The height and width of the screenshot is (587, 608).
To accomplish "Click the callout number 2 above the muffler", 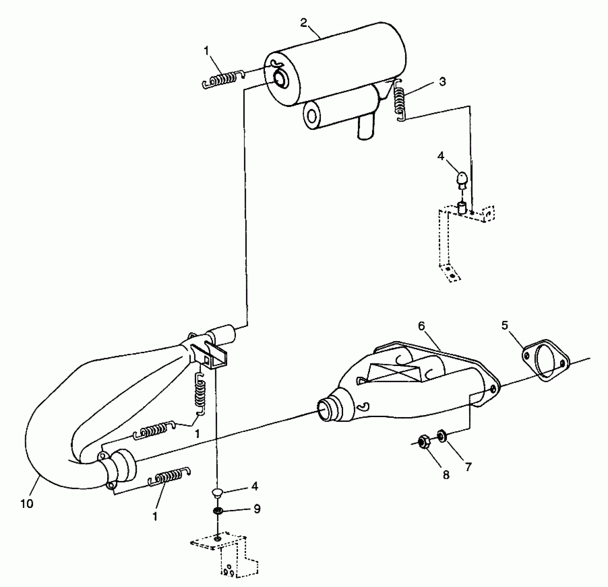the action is (x=303, y=23).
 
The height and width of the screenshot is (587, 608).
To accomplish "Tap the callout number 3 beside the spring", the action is (x=442, y=82).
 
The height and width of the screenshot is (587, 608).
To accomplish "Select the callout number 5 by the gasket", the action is (x=505, y=325).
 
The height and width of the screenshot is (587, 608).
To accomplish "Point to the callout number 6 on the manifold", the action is (x=421, y=326).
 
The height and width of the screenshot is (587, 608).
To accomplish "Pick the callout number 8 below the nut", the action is (x=446, y=475).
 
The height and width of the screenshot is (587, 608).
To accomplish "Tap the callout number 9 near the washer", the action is (x=257, y=509).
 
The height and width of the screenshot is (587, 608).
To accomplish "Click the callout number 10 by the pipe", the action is (x=27, y=504).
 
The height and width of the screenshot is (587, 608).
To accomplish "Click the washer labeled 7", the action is (x=442, y=436).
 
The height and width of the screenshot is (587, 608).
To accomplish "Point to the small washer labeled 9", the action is (x=218, y=510).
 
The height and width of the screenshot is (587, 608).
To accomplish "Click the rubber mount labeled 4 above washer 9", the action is (x=217, y=492).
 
